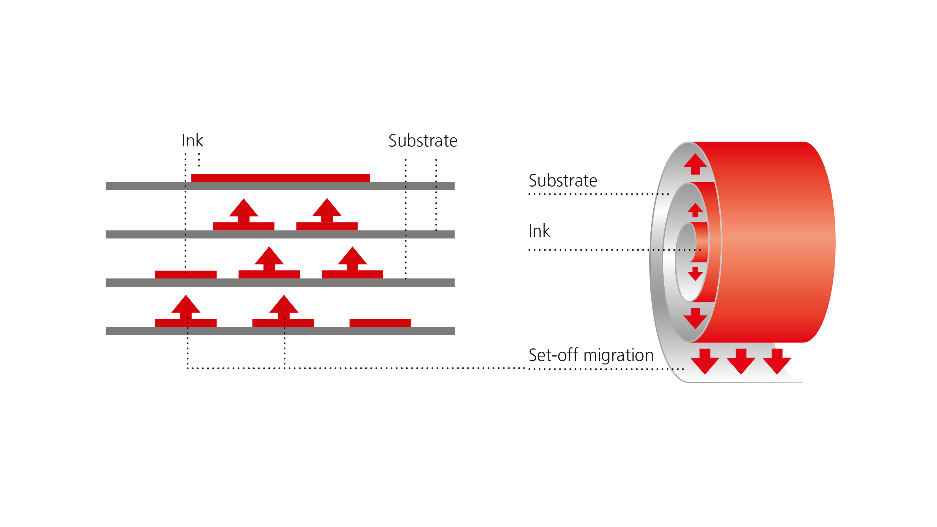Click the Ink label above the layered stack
coord(192,141)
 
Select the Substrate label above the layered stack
coord(423,141)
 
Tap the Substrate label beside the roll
coord(563,180)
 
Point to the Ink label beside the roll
coord(539,231)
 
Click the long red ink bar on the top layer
coord(280,178)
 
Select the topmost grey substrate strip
coord(280,186)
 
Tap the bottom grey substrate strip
coord(280,331)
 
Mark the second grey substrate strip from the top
coord(280,234)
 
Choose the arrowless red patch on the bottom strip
coord(380,322)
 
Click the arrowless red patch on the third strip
coord(186,274)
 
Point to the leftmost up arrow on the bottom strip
coord(186,307)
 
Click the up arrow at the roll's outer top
coord(695,164)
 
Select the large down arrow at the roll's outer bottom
coord(695,318)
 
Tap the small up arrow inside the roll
coord(695,210)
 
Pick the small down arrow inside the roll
coord(695,273)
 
